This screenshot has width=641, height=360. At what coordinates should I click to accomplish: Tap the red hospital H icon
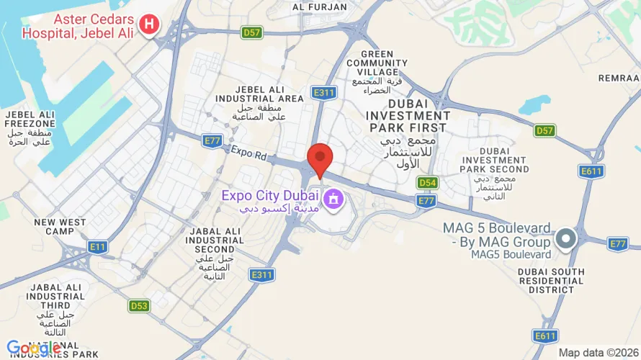click(x=149, y=25)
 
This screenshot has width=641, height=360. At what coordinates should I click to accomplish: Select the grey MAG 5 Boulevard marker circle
click(x=567, y=238)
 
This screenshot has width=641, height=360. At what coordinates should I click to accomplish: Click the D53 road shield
click(x=140, y=306)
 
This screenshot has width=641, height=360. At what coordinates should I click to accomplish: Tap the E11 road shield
click(x=97, y=247)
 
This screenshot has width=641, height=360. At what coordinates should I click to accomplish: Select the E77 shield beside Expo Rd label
click(x=212, y=140)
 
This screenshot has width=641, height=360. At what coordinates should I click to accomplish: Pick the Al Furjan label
click(x=320, y=7)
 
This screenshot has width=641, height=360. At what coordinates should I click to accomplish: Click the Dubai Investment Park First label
click(x=408, y=115)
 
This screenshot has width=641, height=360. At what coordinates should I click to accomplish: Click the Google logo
click(x=34, y=348)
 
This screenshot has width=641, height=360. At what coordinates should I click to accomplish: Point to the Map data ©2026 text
click(x=598, y=353)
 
